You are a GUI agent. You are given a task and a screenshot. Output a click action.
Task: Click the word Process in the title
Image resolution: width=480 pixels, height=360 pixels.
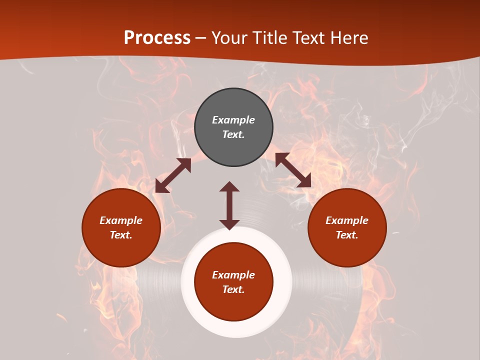tap(157, 38)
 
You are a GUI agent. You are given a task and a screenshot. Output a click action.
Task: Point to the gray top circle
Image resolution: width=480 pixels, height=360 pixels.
tap(233, 127)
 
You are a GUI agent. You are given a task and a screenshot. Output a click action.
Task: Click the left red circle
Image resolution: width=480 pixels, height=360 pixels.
tap(121, 227)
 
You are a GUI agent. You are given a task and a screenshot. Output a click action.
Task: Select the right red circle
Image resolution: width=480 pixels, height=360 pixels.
tap(347, 227)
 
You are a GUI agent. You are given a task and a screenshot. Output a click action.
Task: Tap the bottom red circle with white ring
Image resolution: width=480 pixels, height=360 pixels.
tap(233, 282)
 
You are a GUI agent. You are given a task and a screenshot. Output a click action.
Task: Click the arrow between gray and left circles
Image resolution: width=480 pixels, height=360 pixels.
tap(173, 175)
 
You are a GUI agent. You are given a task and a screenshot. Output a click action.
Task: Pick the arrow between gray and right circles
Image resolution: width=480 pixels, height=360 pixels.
tap(293, 170)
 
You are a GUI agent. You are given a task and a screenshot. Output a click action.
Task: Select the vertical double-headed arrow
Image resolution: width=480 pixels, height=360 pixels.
tap(229, 205)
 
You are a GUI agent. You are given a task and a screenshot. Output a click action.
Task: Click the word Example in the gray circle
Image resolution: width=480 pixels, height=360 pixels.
tap(233, 120)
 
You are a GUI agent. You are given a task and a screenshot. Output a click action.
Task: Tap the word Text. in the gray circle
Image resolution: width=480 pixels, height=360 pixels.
tap(233, 134)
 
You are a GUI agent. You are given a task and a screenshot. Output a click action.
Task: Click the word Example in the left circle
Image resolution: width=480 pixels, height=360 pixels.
tap(121, 220)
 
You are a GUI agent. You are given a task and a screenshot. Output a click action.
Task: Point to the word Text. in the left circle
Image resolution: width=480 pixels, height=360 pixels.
tap(121, 235)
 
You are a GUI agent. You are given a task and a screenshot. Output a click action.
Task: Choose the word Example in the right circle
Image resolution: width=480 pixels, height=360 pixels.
tap(347, 220)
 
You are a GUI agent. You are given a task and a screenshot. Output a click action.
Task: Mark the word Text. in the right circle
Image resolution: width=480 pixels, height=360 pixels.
tap(347, 235)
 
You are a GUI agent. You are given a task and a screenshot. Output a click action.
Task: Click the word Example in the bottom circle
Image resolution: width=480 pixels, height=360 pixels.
tap(233, 275)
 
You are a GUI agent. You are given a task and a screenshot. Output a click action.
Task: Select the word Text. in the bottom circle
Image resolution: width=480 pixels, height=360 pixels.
tap(233, 289)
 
